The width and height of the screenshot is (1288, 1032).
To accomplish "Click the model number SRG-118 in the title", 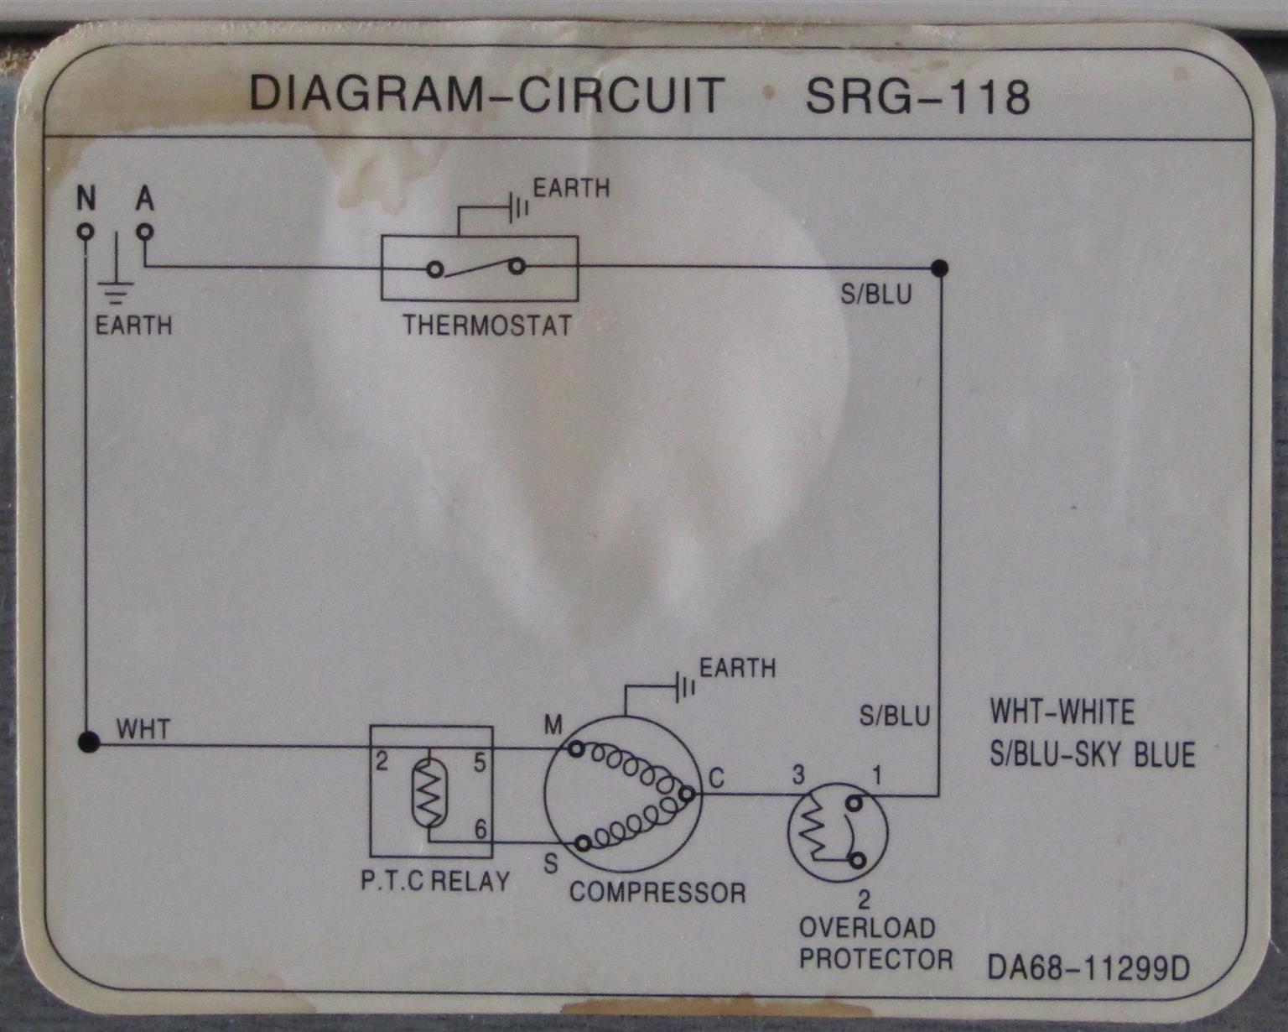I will pos(917,96).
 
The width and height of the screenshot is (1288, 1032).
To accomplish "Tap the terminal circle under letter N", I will pos(85,231).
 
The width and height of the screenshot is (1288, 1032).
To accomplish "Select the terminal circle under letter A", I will pos(146,231).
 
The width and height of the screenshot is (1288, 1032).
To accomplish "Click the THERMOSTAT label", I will pos(487,325).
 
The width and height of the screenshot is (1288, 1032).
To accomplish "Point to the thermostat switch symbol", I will pos(476,268).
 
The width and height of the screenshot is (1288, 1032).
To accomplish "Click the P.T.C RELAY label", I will pos(435,881).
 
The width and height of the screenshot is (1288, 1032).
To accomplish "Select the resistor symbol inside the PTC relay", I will pos(429,791).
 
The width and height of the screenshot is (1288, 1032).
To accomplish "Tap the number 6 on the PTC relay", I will pos(480,829).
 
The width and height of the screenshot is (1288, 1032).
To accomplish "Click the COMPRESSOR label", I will pos(657,892).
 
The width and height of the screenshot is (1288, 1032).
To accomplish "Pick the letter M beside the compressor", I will pos(553,725).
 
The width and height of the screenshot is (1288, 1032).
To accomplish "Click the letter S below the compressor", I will pos(551,863).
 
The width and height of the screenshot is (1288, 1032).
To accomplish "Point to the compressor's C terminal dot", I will pos(686,793).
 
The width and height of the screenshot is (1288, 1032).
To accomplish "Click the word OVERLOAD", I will pos(866,928).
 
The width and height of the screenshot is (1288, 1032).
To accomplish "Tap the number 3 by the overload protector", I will pos(799,774).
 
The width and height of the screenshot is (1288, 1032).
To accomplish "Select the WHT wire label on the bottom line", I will pos(143,728).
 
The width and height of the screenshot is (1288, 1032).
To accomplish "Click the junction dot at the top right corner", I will pos(940,268).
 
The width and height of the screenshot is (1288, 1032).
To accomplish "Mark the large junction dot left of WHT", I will pos(88,742).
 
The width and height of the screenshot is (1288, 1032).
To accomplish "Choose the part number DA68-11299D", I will pos(1088,969).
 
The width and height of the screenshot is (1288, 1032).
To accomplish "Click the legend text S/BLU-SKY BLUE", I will pos(1092,754).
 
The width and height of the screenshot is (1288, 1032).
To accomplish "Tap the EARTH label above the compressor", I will pos(738,668).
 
